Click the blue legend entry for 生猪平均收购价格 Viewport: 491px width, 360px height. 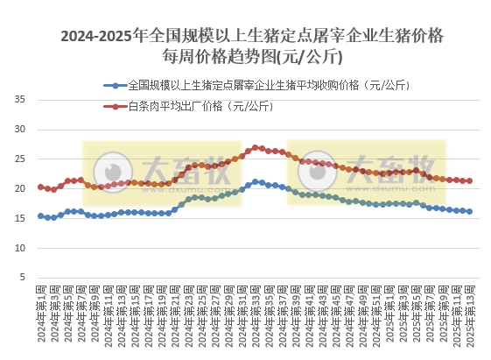pos(263,86)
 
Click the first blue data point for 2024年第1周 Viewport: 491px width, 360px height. pos(40,215)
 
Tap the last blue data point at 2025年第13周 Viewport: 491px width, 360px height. pos(470,211)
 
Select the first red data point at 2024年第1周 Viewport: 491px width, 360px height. pos(40,187)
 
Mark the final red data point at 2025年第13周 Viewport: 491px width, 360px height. pos(470,181)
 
